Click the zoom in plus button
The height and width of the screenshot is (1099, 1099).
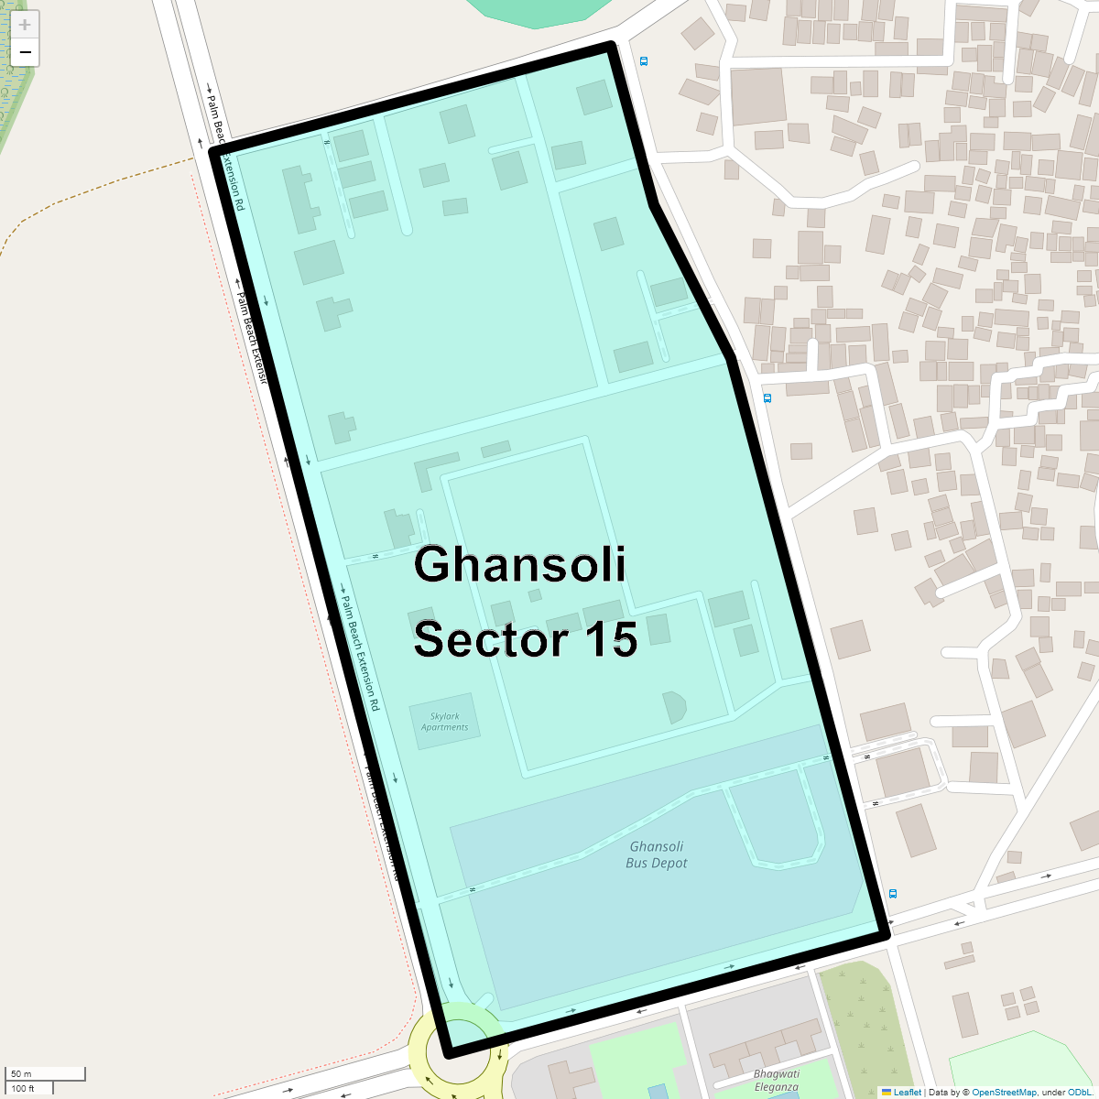coord(25,25)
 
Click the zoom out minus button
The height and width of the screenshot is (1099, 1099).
coord(25,52)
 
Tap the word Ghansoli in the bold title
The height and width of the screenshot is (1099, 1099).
coord(519,564)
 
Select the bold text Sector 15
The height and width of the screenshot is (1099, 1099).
coord(525,639)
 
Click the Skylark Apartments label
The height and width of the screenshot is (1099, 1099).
coord(444,722)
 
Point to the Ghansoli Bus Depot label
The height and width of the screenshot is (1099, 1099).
coord(657,854)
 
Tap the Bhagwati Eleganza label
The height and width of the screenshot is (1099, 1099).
coord(777,1081)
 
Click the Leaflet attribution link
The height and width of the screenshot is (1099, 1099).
coord(907,1092)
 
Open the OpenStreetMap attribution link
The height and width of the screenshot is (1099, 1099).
coord(1004,1092)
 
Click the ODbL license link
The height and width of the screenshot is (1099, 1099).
coord(1079,1092)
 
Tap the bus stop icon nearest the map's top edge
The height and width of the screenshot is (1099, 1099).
coord(644,61)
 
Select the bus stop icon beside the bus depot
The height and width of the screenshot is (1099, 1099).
coord(893,894)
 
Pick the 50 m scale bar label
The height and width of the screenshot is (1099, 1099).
coord(22,1073)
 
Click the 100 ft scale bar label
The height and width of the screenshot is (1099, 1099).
coord(24,1089)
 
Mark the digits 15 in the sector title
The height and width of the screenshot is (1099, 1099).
coord(610,639)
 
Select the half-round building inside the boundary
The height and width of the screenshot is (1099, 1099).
coord(675,707)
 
